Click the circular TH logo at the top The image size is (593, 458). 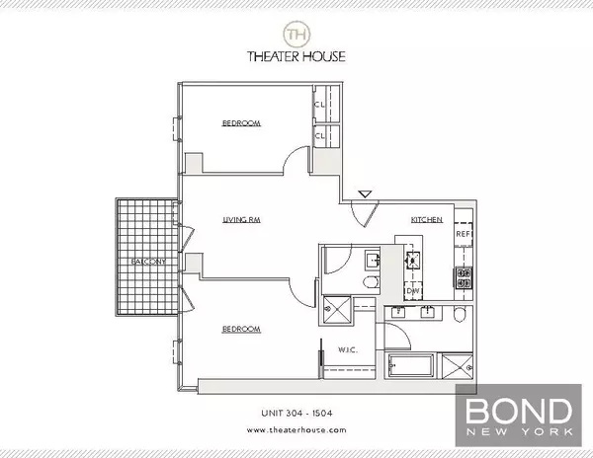click(296, 34)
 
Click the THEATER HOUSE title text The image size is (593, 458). click(296, 57)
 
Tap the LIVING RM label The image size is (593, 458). click(240, 223)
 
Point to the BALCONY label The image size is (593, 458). click(146, 262)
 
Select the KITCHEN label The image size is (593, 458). click(426, 218)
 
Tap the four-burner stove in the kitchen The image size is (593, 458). click(463, 278)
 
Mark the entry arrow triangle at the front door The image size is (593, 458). click(365, 194)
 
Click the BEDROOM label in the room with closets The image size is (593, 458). click(240, 123)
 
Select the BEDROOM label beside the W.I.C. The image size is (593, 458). click(240, 329)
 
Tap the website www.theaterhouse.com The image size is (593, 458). click(296, 430)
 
